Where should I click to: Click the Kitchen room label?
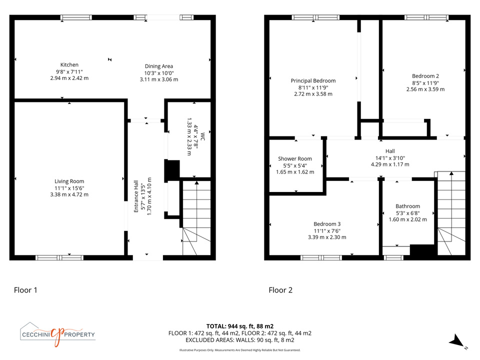[69, 65]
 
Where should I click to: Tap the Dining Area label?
[159, 66]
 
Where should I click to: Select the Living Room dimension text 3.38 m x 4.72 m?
[69, 194]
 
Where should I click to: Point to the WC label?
[202, 136]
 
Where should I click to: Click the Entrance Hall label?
[136, 196]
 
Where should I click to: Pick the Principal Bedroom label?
[313, 81]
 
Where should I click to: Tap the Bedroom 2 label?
[425, 76]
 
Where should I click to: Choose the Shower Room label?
[295, 158]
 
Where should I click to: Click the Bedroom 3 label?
[327, 224]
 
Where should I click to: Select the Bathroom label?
[408, 206]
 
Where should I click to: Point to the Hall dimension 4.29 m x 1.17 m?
[390, 164]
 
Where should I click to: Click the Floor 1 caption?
[25, 290]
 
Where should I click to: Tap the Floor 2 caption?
[280, 290]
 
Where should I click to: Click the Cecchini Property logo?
[57, 334]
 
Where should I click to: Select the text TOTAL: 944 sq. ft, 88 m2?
[240, 326]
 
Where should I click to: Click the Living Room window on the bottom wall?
[59, 258]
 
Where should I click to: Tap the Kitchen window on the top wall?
[76, 17]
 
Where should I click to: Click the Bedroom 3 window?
[321, 258]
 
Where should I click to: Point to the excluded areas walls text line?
[240, 340]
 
